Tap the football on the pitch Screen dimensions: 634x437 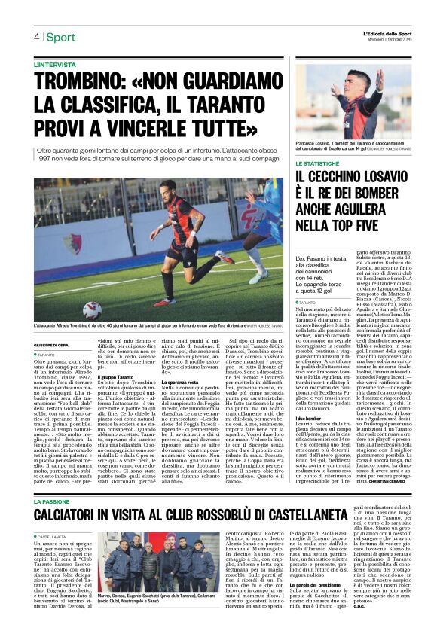92,309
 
